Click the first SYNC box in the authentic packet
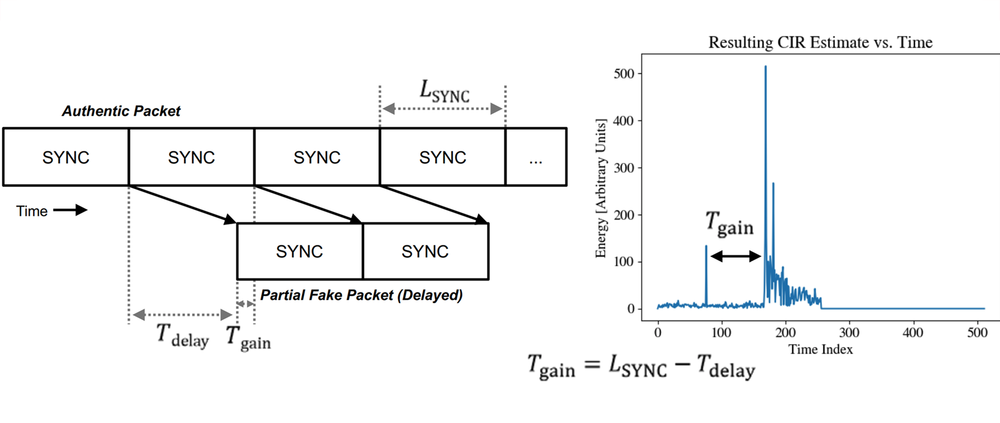[x=66, y=157]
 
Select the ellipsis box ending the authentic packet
[x=536, y=157]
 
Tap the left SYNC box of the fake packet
[x=299, y=251]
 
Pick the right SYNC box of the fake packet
[x=425, y=251]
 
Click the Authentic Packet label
[x=121, y=111]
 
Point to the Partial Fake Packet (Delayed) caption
[x=361, y=295]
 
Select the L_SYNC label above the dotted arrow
[x=444, y=92]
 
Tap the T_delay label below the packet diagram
[x=183, y=336]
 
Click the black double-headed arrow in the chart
[x=735, y=256]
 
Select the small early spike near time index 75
[x=706, y=248]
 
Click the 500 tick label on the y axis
[x=624, y=73]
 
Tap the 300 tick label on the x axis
[x=849, y=333]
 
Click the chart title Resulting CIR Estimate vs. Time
[x=820, y=43]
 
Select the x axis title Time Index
[x=820, y=350]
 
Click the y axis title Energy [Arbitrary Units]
[x=601, y=188]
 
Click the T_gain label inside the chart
[x=729, y=224]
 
